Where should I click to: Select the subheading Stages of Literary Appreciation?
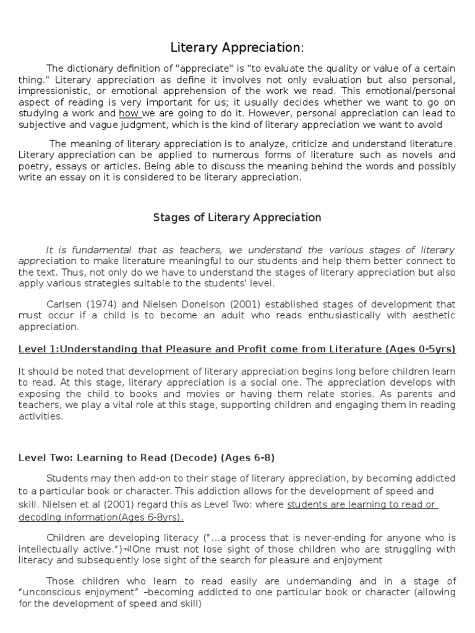237,218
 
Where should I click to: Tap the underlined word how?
129,114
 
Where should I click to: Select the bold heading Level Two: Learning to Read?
147,458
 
